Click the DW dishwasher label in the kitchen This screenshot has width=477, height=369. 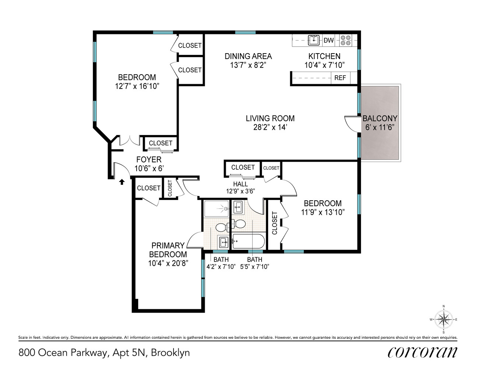[328, 40]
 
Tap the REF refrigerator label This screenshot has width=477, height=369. [340, 78]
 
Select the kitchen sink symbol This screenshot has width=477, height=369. [314, 40]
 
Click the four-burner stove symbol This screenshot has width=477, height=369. [346, 40]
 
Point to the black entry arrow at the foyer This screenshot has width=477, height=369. [122, 181]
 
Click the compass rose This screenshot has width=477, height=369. [443, 320]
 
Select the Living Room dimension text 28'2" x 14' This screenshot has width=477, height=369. [270, 128]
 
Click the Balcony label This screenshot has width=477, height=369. [380, 118]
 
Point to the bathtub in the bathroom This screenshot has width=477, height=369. [248, 242]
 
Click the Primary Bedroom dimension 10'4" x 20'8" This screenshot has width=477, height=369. [168, 263]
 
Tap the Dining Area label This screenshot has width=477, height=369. [248, 56]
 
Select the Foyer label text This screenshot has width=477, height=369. [149, 159]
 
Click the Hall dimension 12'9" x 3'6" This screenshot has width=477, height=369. [241, 191]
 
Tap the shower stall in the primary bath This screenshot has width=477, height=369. [217, 209]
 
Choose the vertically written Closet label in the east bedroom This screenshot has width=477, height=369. [274, 223]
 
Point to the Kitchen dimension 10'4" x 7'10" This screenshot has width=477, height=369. [324, 65]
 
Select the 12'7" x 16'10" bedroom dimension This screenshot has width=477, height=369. [137, 86]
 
